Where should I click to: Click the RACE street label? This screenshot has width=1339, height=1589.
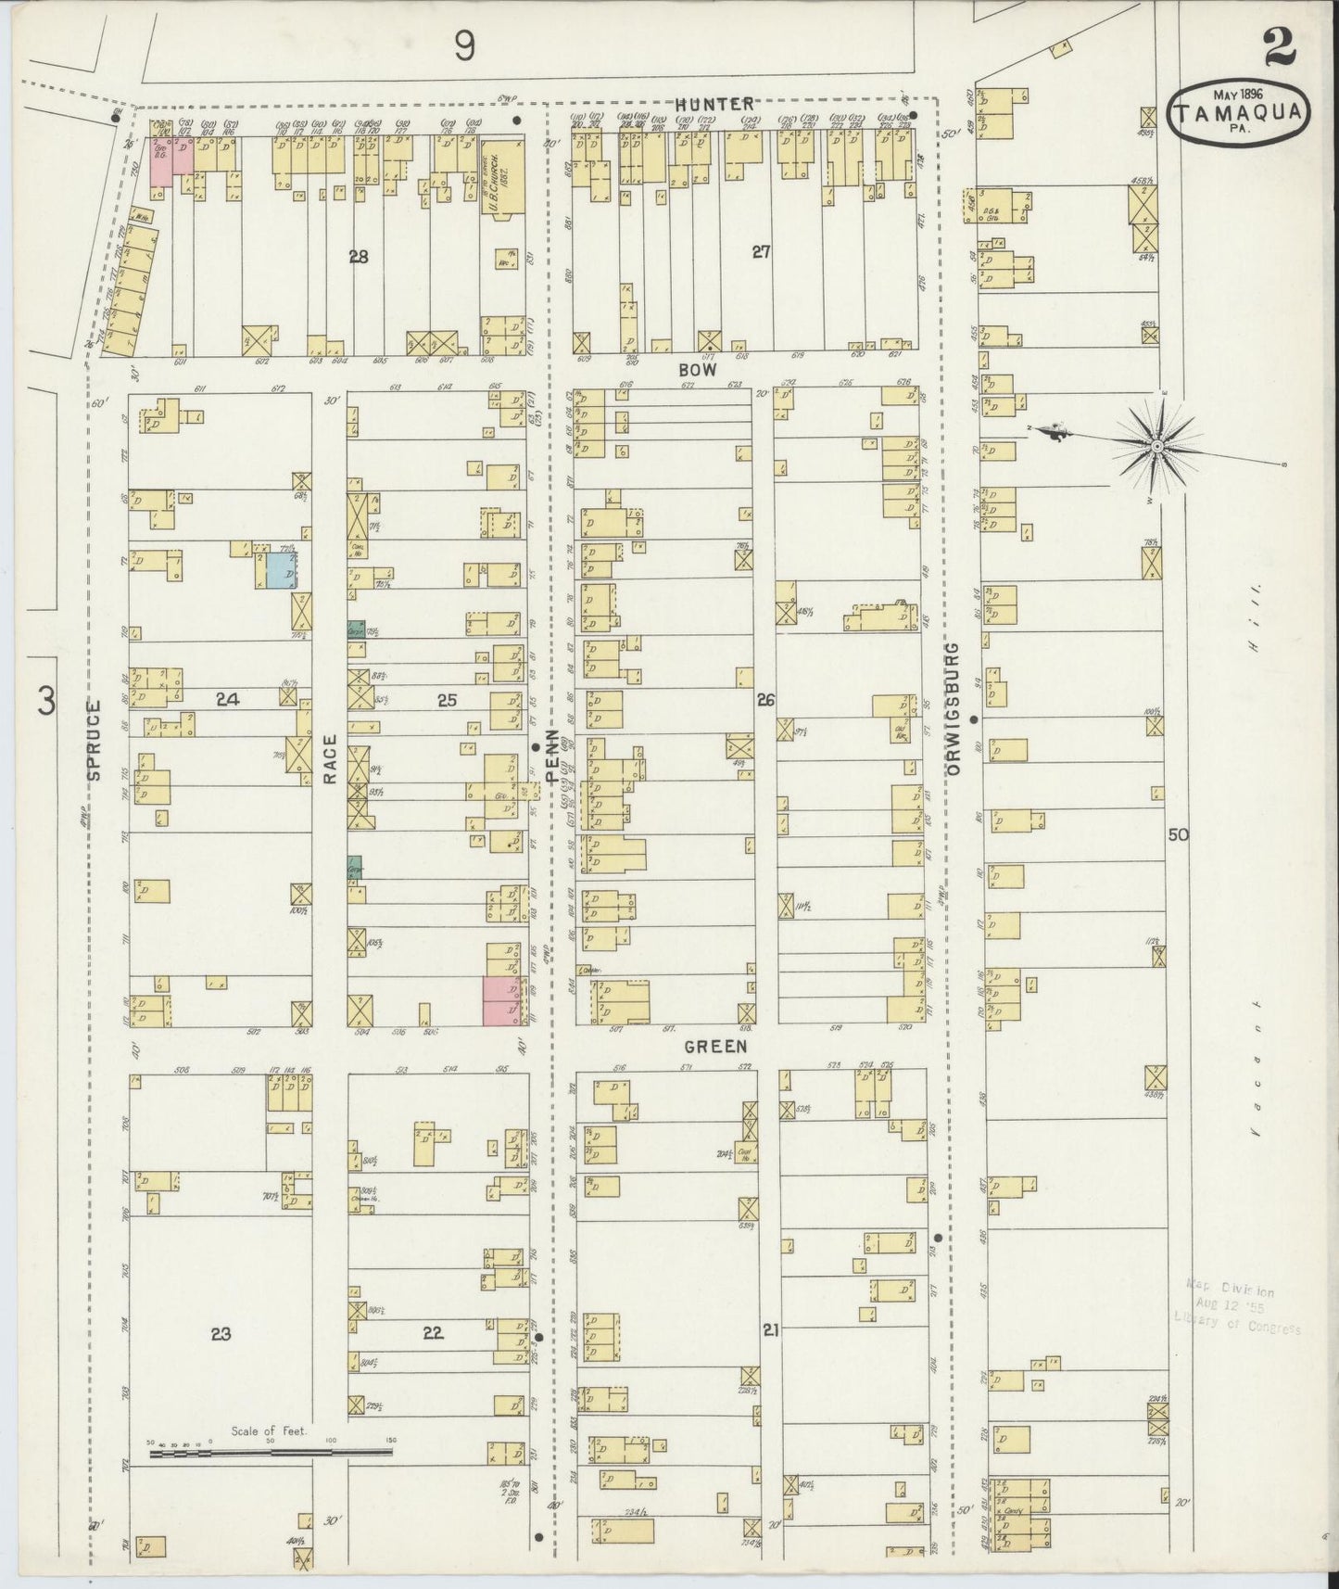329,759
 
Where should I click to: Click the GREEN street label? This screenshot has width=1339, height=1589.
715,1046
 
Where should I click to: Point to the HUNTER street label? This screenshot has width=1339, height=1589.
714,105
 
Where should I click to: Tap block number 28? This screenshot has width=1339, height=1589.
359,257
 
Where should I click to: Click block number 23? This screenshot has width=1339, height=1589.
220,1334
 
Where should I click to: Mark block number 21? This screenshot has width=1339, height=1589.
770,1330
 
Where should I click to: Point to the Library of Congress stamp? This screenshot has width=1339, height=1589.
1235,1309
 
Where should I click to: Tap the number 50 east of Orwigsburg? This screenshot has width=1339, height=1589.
1177,834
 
